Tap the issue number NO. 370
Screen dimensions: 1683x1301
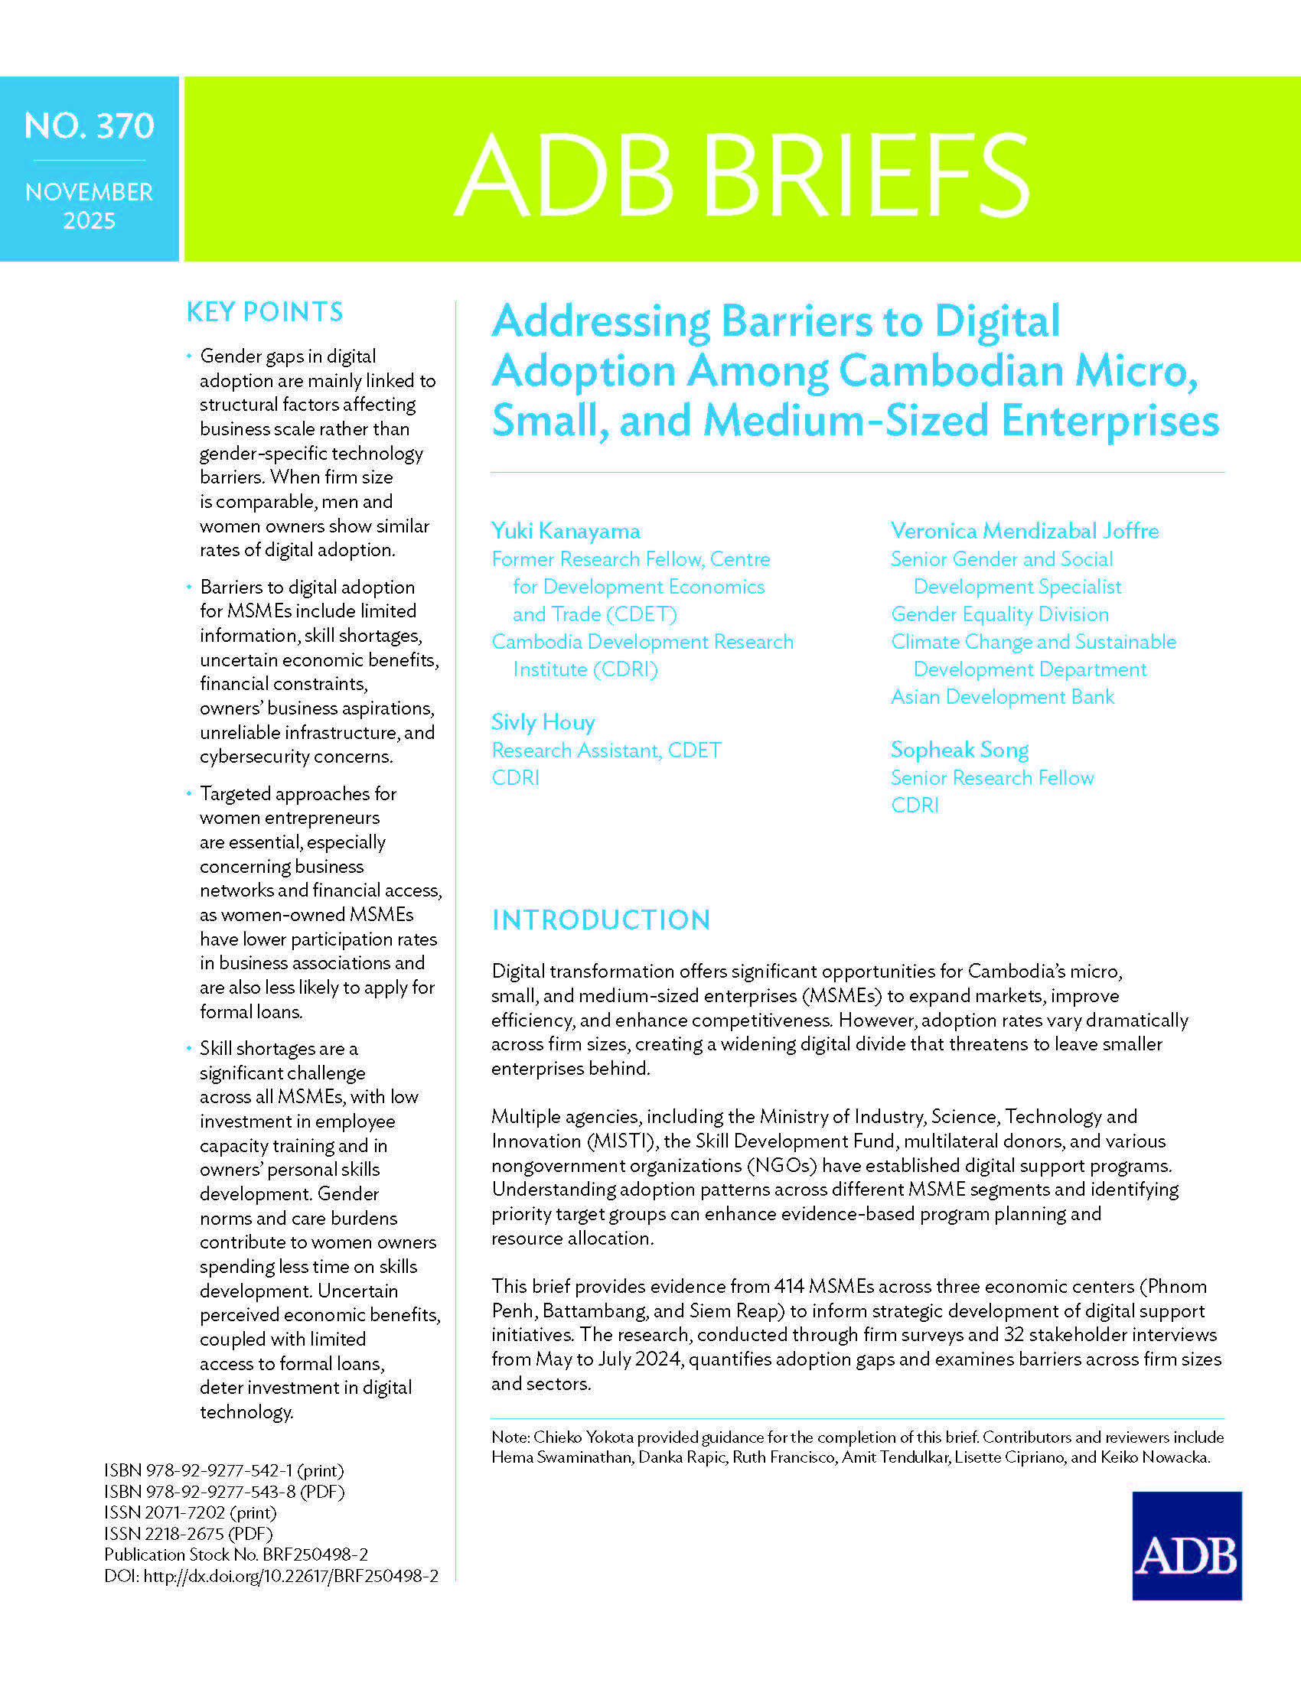click(x=90, y=126)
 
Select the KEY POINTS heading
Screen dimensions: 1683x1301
click(x=264, y=312)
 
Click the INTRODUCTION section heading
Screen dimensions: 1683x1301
click(x=601, y=920)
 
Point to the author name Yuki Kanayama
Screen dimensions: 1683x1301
click(x=566, y=531)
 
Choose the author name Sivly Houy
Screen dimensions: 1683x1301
click(x=543, y=722)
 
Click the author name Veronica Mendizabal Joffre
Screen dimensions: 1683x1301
click(x=1024, y=531)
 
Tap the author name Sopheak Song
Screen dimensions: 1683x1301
click(x=959, y=750)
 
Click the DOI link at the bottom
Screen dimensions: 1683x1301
click(x=291, y=1576)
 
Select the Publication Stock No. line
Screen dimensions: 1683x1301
click(x=236, y=1554)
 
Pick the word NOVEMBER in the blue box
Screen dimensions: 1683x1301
click(x=90, y=192)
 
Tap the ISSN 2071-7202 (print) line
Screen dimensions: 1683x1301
click(x=190, y=1512)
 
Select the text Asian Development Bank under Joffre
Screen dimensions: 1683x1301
click(x=1002, y=697)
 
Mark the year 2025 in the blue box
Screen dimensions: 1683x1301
click(x=90, y=221)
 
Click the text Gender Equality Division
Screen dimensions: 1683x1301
click(x=999, y=614)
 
